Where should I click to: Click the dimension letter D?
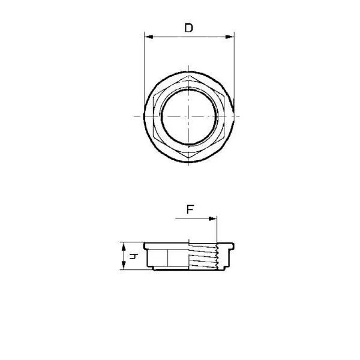[189, 28]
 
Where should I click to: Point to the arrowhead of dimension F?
[214, 220]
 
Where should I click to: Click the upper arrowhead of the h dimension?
[124, 245]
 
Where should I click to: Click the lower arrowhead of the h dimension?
[124, 268]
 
